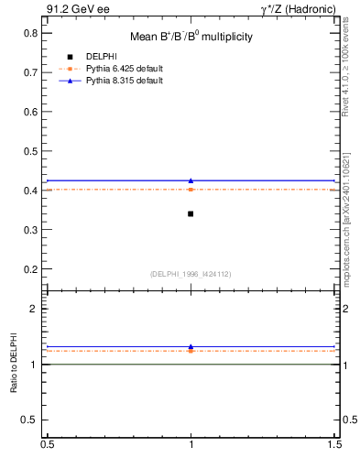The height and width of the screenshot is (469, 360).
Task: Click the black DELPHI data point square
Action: (x=191, y=213)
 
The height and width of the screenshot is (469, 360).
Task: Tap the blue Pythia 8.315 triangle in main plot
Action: (x=191, y=180)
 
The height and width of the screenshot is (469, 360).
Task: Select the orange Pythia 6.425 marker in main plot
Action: (x=191, y=190)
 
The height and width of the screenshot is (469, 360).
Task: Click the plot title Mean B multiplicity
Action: (x=191, y=37)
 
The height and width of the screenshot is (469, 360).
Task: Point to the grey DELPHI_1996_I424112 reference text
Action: (x=191, y=274)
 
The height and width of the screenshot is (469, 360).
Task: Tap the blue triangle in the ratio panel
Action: (x=191, y=347)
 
